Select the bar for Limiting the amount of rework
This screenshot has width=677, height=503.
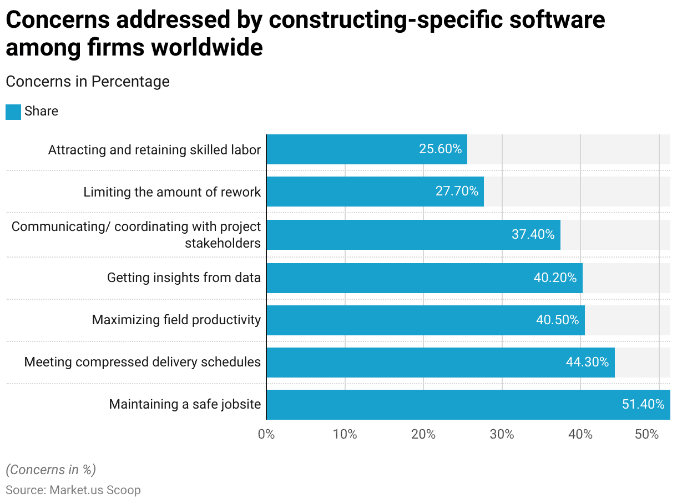click(x=375, y=192)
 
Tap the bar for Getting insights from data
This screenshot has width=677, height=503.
click(x=425, y=278)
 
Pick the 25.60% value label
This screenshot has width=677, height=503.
click(x=440, y=149)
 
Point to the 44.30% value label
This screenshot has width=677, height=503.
click(x=587, y=363)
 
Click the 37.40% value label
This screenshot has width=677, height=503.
click(x=533, y=234)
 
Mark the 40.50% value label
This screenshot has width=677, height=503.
click(x=557, y=320)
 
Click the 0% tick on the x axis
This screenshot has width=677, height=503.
click(x=266, y=434)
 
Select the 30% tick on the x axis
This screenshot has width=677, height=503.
click(x=502, y=434)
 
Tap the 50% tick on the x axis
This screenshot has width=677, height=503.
click(x=646, y=434)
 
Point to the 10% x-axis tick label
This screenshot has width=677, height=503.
click(x=345, y=434)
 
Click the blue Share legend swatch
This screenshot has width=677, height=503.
click(x=13, y=112)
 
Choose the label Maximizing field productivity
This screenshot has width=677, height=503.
click(x=176, y=320)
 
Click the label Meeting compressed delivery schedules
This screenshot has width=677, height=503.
click(x=143, y=362)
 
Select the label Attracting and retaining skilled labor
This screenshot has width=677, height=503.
click(x=154, y=149)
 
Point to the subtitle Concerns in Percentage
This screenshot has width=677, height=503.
click(x=88, y=82)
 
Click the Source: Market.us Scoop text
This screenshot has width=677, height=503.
click(x=73, y=490)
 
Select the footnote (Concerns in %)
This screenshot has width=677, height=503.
click(x=51, y=470)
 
